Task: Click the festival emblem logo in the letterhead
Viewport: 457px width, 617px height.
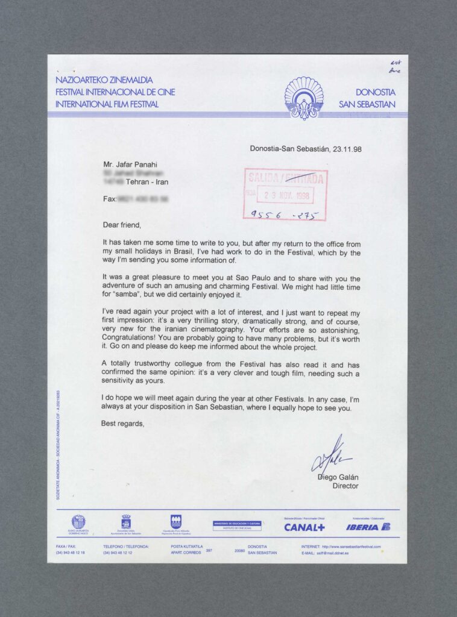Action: click(x=304, y=98)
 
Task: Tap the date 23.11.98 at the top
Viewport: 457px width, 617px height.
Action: click(x=345, y=149)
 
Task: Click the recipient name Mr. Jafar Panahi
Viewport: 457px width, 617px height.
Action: click(x=130, y=163)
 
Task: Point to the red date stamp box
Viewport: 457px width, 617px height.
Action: click(x=286, y=195)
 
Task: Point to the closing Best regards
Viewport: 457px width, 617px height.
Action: click(x=123, y=423)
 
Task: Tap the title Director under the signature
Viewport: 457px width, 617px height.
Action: click(x=345, y=486)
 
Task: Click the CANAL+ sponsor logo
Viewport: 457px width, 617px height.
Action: click(x=304, y=527)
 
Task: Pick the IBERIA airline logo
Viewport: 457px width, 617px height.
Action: click(x=368, y=527)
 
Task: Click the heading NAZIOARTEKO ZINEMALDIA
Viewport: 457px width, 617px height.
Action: click(x=104, y=80)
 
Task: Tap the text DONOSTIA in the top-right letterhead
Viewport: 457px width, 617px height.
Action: click(x=375, y=92)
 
